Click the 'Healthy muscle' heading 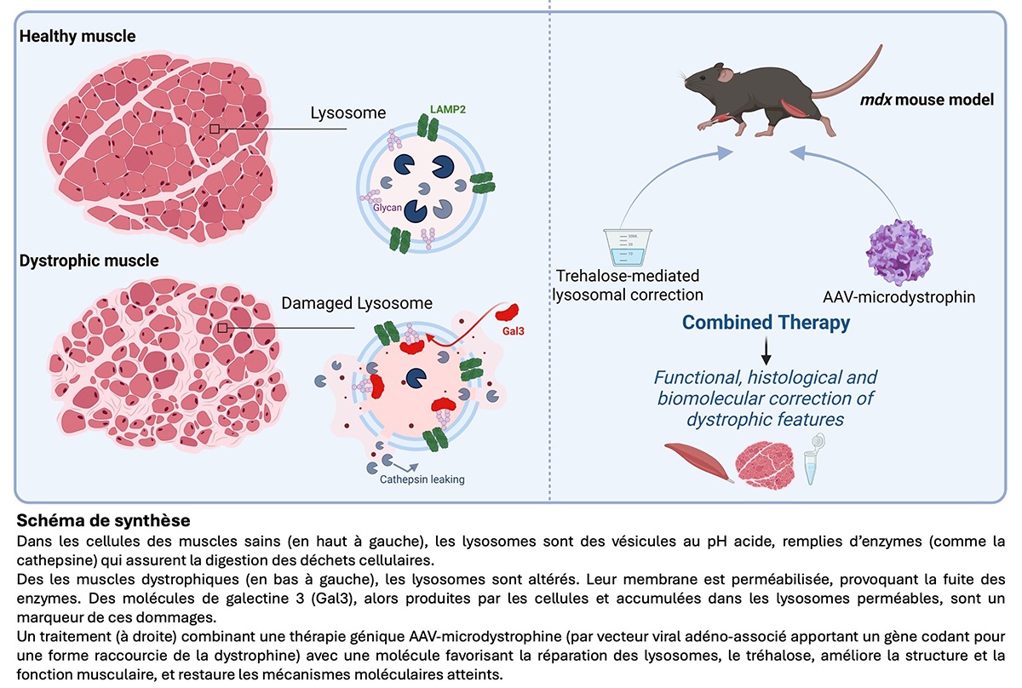click(78, 37)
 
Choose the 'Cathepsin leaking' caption click(422, 479)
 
